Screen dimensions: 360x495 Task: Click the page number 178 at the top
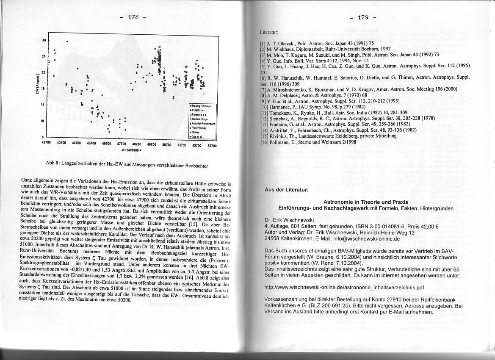[133, 17]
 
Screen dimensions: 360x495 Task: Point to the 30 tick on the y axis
[44, 41]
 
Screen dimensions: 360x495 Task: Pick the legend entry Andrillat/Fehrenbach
[203, 123]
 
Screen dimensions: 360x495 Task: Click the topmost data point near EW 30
[67, 42]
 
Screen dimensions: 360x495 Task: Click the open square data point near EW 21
[54, 76]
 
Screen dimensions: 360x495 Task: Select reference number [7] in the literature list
[263, 89]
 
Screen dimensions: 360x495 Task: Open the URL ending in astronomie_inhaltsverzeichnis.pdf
[343, 287]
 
